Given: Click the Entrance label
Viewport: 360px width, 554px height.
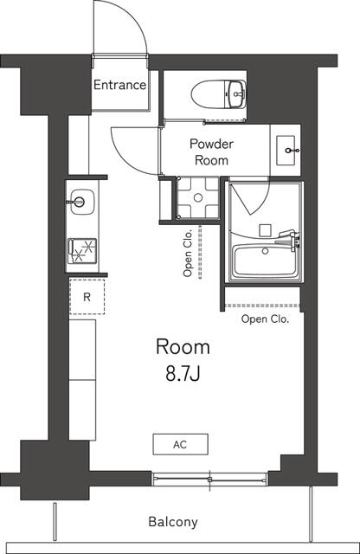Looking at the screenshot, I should pos(119,85).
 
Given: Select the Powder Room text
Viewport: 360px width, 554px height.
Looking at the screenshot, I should pos(209,153).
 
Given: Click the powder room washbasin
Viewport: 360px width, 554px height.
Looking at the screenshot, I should pos(286,151).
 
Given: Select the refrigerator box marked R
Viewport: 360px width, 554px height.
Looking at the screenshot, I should pos(87,297).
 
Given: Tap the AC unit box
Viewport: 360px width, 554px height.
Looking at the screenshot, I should pos(180,444).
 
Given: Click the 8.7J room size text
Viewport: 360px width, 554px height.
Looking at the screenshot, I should pos(182,374).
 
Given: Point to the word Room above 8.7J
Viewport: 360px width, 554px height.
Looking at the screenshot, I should pos(183,347).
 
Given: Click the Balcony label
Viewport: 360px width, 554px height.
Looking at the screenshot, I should pos(173,522).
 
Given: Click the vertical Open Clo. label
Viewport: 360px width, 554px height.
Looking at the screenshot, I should pos(188,253).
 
